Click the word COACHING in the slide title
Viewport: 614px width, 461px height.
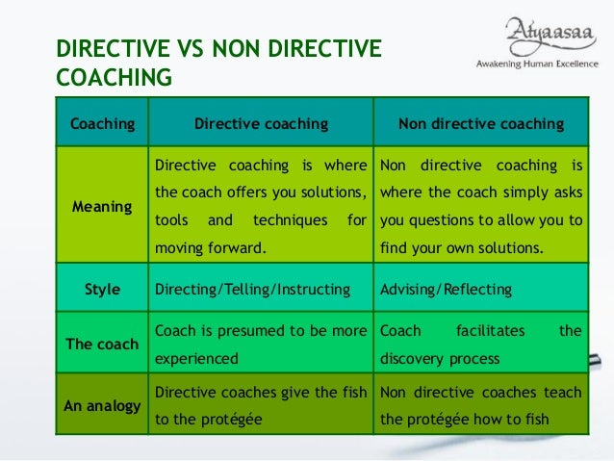click(114, 76)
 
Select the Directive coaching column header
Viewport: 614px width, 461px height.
click(261, 124)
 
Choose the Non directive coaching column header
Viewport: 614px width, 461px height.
click(481, 124)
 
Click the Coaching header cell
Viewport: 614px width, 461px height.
click(101, 124)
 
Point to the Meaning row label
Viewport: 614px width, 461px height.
click(101, 206)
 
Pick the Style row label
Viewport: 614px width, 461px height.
click(101, 289)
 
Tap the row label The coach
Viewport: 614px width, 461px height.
click(101, 344)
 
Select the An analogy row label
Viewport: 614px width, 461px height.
click(101, 405)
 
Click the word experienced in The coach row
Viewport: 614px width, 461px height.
click(195, 358)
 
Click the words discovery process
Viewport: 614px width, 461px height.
click(441, 358)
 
